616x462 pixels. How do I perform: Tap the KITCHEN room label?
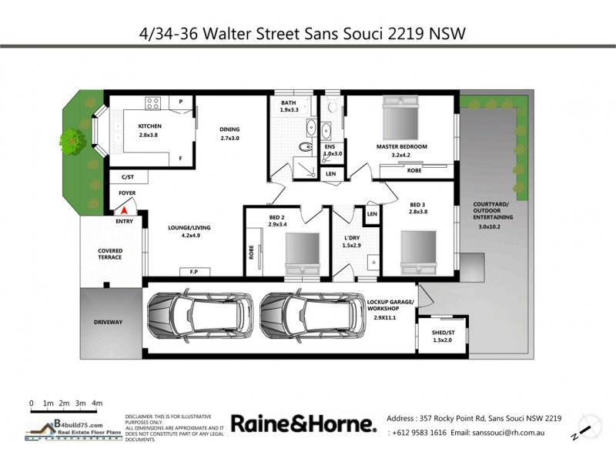coord(149,126)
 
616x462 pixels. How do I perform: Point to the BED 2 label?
coord(277,218)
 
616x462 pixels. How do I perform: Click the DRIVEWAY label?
coord(109,322)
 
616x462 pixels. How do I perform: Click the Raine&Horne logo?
coord(303,424)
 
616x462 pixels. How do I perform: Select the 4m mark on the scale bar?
coord(97,403)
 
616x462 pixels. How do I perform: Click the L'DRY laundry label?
coord(350,238)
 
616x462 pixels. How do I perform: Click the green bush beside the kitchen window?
coord(71,139)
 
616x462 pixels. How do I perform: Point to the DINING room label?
coord(230,129)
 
